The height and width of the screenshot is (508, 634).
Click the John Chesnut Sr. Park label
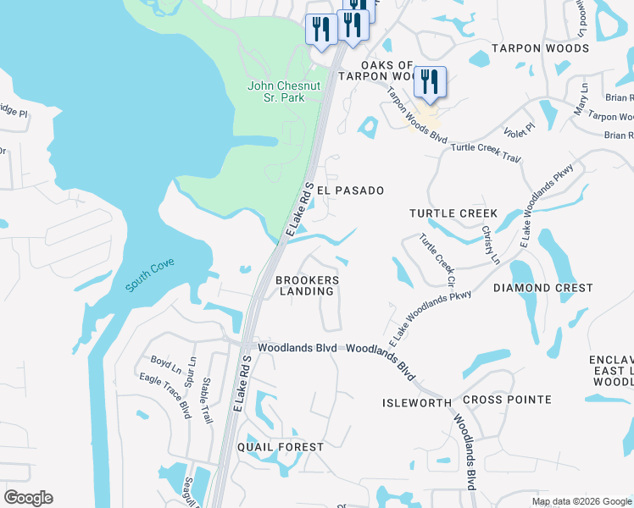[275, 91]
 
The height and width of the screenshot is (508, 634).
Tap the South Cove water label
[150, 275]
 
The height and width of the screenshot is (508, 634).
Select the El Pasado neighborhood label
[350, 191]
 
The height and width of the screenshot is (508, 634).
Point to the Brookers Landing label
[307, 285]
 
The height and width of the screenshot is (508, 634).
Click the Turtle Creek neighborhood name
[453, 213]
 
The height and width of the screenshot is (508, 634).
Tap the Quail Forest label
[281, 447]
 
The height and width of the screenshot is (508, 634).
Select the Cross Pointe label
[507, 400]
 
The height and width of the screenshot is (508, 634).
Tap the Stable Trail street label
[206, 400]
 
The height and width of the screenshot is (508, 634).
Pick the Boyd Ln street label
[166, 365]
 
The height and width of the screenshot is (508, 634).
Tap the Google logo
[28, 498]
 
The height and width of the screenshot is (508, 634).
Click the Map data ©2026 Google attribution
[581, 501]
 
